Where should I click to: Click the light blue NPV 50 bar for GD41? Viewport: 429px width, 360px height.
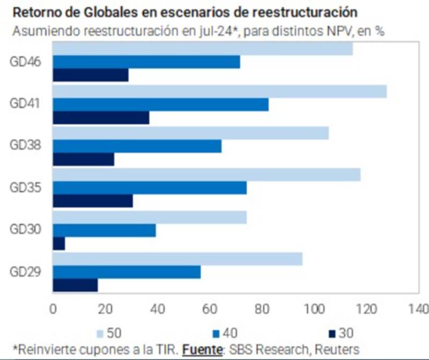[219, 91]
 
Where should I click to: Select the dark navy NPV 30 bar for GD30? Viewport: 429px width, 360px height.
[58, 244]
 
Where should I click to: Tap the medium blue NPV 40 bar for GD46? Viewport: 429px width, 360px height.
[146, 62]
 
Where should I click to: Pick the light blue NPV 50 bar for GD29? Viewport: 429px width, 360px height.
[177, 259]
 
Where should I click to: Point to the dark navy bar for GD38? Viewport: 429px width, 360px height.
[83, 160]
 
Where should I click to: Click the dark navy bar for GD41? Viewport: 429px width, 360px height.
[101, 117]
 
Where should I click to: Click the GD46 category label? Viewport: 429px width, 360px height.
[26, 61]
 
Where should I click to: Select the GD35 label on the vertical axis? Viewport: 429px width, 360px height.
[26, 187]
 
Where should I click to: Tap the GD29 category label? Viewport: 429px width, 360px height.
[26, 271]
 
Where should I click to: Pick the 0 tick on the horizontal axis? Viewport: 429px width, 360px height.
[53, 309]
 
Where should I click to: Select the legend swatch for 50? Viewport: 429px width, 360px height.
[99, 333]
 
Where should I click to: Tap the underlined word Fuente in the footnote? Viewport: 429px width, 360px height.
[203, 349]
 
